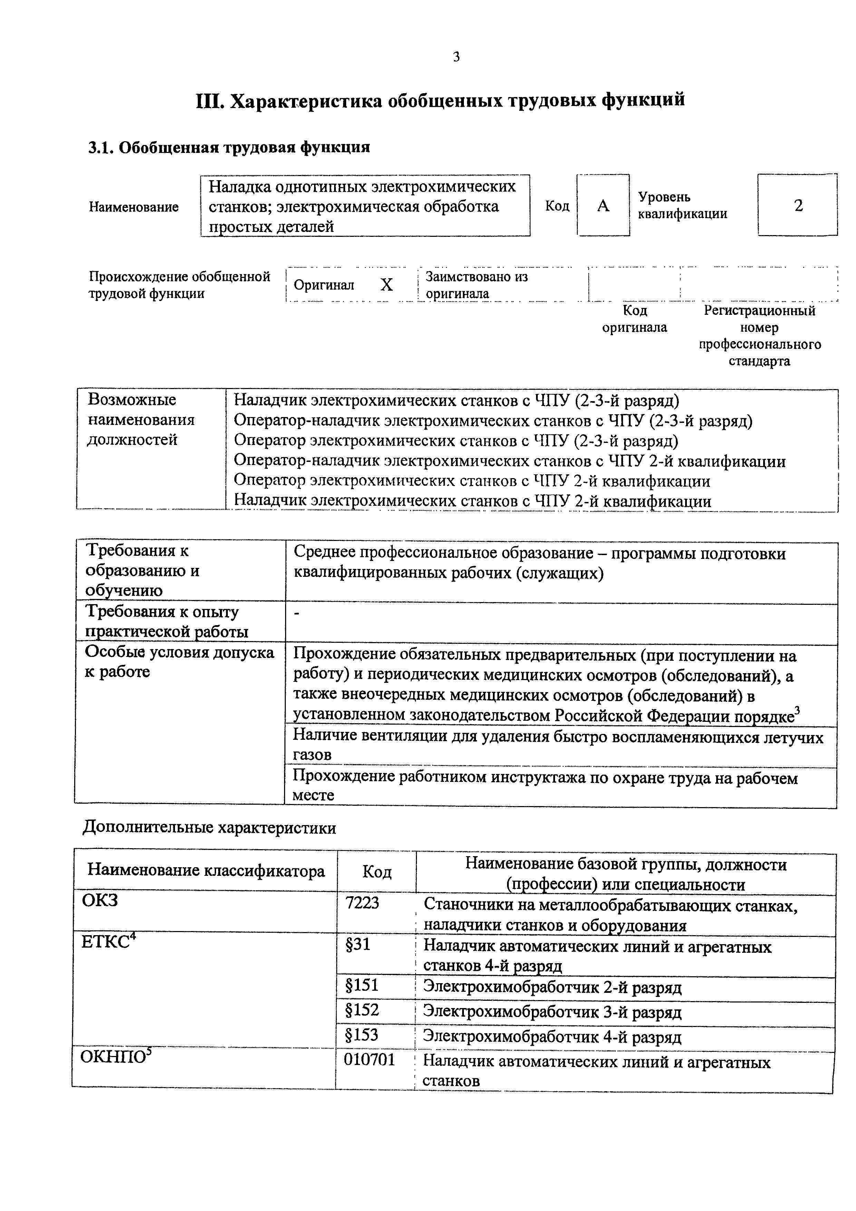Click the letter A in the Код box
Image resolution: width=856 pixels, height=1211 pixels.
pyautogui.click(x=603, y=206)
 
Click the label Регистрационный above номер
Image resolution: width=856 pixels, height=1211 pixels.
pyautogui.click(x=759, y=311)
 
